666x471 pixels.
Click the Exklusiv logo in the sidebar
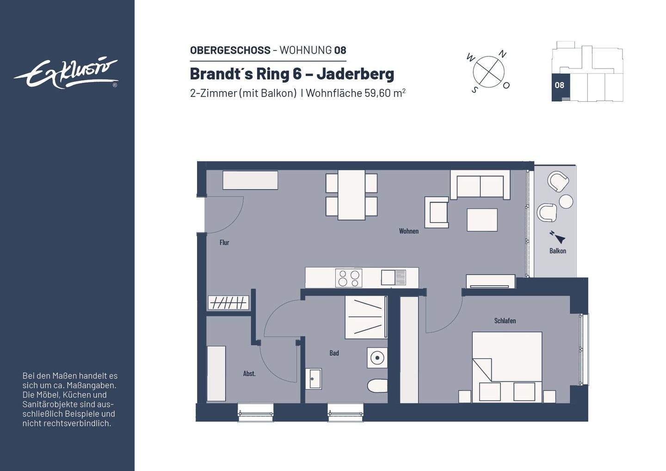click(x=66, y=74)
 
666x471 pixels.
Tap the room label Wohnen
click(x=408, y=231)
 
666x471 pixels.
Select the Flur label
click(x=224, y=242)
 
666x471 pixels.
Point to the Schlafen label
click(x=505, y=321)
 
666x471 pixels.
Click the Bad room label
click(x=334, y=353)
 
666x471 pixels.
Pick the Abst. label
click(x=249, y=373)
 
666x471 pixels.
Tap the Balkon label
click(x=557, y=251)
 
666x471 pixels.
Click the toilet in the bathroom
click(x=377, y=385)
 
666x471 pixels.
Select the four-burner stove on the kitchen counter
click(x=349, y=278)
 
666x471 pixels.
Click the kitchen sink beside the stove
click(x=394, y=278)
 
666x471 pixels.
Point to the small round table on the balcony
click(x=566, y=202)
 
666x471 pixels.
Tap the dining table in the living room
click(x=351, y=195)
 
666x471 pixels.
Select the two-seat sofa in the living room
click(x=480, y=186)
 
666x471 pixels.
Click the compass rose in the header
click(x=488, y=72)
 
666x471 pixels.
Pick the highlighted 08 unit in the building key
click(x=560, y=86)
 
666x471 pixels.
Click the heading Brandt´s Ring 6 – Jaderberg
click(x=292, y=74)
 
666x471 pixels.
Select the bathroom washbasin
click(x=314, y=379)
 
